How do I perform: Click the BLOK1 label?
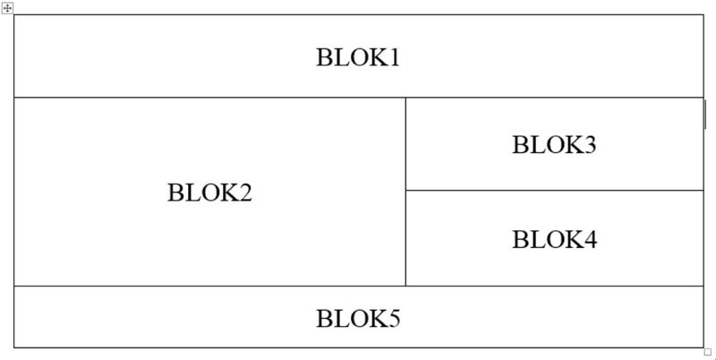pos(358,57)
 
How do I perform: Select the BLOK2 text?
pos(209,193)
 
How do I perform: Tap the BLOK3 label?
pos(554,144)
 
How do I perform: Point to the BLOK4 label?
pos(554,239)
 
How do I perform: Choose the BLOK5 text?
pos(358,319)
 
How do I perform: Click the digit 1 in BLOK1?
pos(394,57)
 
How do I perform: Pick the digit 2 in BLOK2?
pos(245,193)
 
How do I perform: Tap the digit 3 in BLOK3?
pos(590,144)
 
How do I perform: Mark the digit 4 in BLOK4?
pos(591,239)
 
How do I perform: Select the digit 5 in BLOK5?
pos(394,319)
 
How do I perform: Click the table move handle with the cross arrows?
pos(7,8)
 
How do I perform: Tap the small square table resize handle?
pos(708,352)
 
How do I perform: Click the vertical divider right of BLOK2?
pos(405,192)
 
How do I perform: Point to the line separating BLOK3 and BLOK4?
pos(554,190)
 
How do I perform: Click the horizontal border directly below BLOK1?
pos(359,98)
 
